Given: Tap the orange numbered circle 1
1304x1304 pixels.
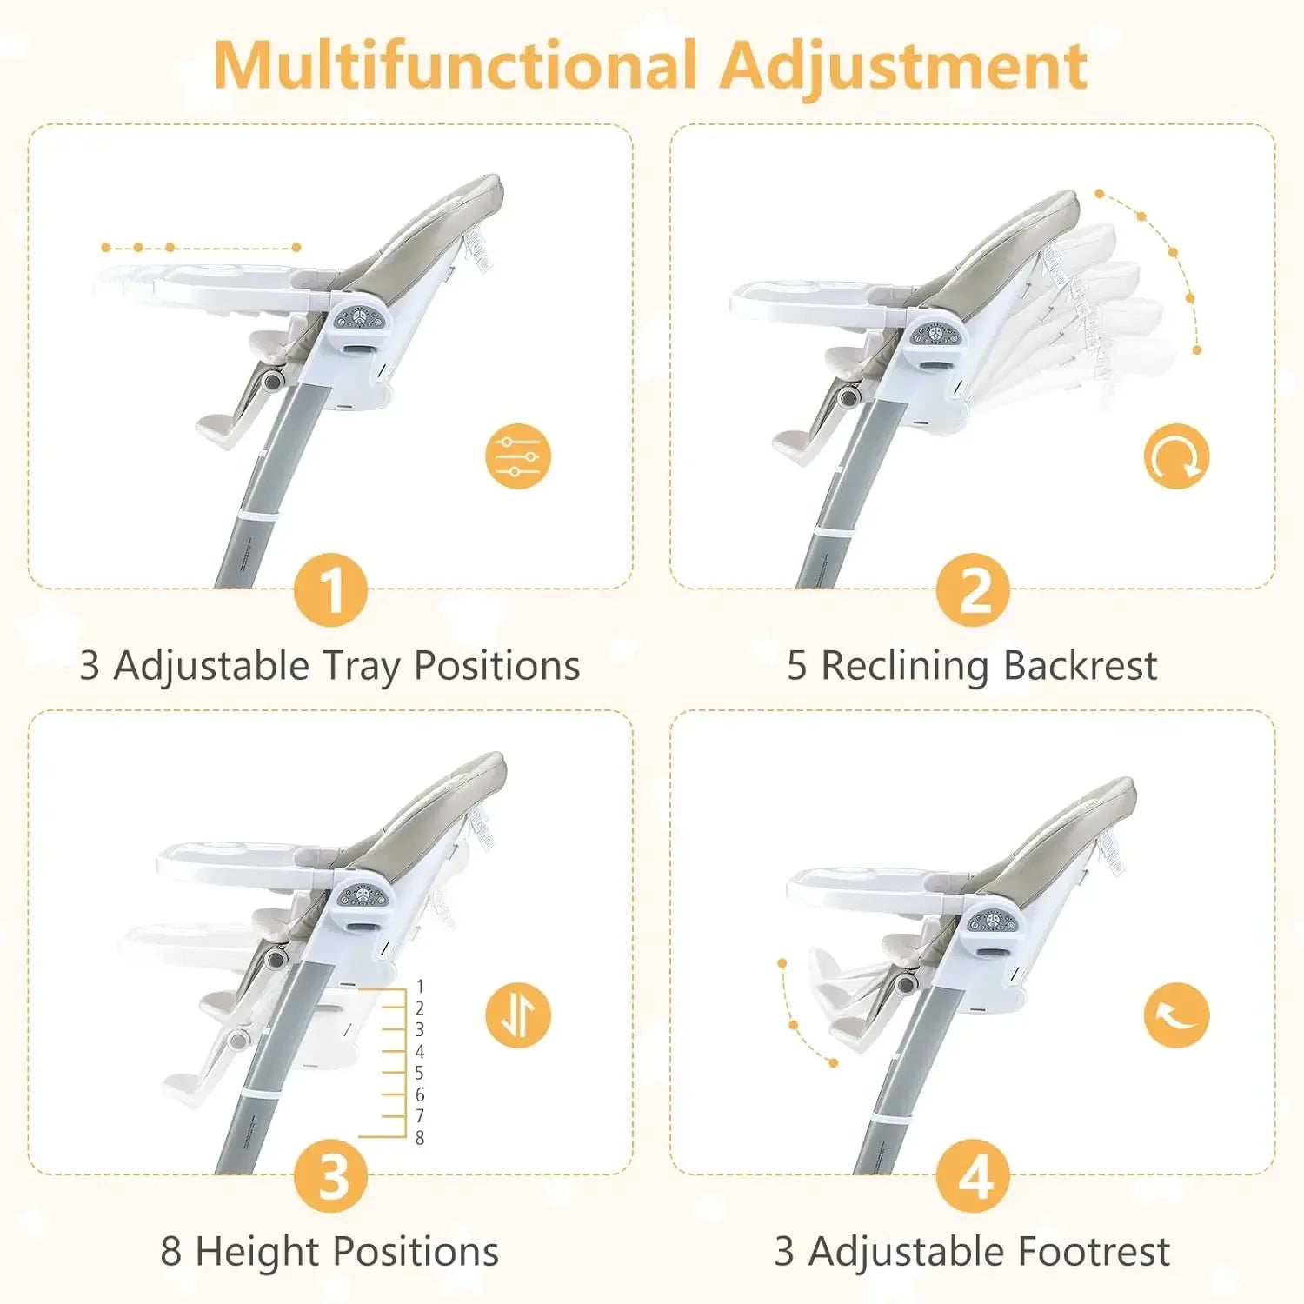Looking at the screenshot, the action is click(x=331, y=590).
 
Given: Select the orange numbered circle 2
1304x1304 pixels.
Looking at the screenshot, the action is click(x=973, y=590).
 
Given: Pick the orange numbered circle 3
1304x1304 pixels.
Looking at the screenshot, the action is click(x=331, y=1176).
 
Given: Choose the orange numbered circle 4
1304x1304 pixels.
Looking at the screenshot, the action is click(x=973, y=1176).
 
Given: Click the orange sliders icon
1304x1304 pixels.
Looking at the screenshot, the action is click(x=518, y=456).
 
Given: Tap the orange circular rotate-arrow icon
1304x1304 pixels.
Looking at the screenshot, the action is click(x=1176, y=456).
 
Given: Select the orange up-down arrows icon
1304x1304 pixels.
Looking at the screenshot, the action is click(x=518, y=1015).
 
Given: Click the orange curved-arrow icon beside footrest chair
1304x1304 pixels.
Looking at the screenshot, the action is click(x=1176, y=1015).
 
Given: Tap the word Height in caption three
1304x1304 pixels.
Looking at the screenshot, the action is click(x=257, y=1253).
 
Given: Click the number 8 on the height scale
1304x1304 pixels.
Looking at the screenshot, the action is click(x=420, y=1138).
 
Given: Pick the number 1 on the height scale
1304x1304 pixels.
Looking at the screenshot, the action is click(x=420, y=987).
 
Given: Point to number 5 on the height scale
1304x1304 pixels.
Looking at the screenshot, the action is click(x=420, y=1074).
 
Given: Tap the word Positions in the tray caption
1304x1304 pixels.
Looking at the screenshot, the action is click(x=496, y=666).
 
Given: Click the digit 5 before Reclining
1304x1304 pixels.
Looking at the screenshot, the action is click(x=797, y=666).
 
